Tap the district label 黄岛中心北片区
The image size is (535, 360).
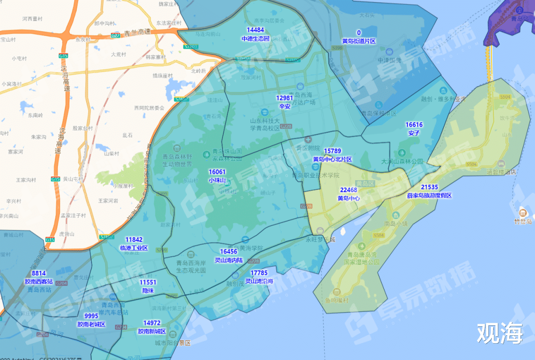coord(332,159)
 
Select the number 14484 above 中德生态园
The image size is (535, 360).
coord(255,30)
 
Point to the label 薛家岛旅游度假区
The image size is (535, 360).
coord(429,196)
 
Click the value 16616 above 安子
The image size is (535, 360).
coord(414,125)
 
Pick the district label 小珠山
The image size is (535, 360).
coord(217,180)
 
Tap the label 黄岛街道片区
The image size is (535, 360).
coord(359,41)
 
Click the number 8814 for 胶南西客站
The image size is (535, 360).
coord(39,273)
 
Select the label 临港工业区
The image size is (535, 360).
coord(134,248)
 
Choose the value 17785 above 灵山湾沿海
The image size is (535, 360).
coord(259,273)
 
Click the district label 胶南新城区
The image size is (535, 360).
coord(152,331)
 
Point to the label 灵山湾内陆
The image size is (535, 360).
coord(228,259)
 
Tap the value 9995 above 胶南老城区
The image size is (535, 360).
coord(91,316)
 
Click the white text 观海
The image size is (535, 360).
coord(499,334)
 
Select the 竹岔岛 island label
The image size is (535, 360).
coord(523,221)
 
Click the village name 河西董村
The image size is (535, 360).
coord(33,19)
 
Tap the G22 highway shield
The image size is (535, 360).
coord(115,35)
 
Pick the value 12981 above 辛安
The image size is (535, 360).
coord(285,98)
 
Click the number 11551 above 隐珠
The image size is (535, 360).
coord(148,282)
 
